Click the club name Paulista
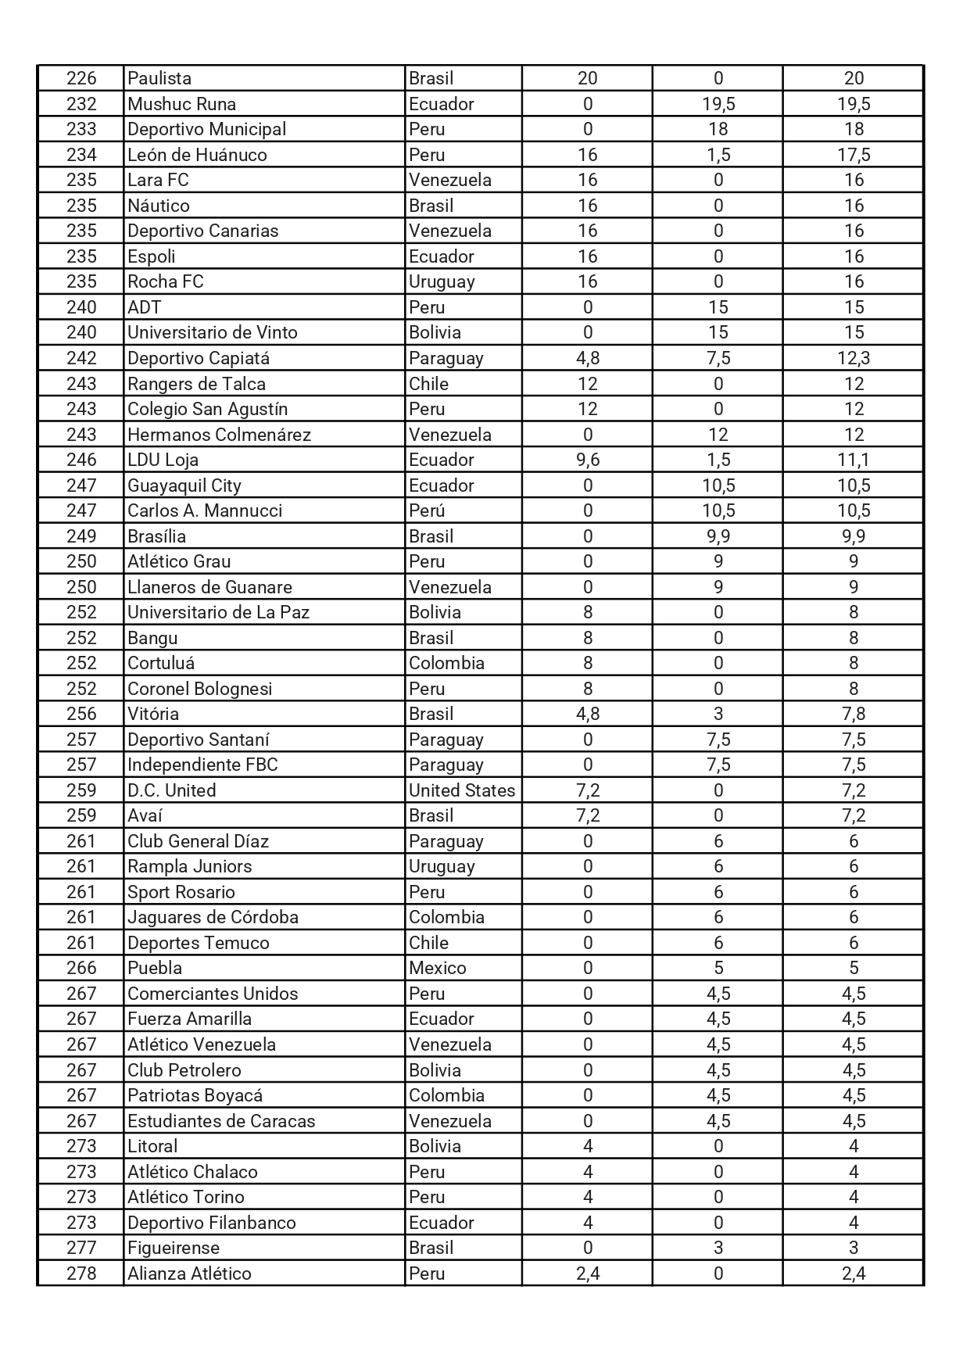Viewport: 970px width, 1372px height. coord(159,78)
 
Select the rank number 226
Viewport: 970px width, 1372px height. coord(81,78)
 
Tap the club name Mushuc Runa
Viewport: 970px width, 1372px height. coord(181,104)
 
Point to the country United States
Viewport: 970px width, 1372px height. coord(462,790)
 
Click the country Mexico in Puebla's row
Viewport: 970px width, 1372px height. coord(438,968)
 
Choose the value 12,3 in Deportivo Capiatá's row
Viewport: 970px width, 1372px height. coord(854,358)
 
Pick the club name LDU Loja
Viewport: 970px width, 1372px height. coord(163,460)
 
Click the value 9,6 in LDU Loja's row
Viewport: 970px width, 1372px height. coord(587,460)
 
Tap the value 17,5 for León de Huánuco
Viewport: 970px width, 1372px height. coord(854,155)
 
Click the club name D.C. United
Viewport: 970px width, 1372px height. coord(171,790)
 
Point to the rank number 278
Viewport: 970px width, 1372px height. coord(81,1273)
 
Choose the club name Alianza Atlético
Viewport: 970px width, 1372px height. coord(189,1273)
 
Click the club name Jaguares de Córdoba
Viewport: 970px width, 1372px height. coord(213,917)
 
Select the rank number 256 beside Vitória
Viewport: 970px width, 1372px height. coord(81,714)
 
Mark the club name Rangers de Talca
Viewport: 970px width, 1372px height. coord(196,384)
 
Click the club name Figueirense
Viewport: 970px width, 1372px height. coord(174,1248)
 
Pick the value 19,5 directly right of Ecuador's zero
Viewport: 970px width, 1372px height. coord(718,104)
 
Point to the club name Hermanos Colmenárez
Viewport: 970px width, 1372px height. coord(219,435)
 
